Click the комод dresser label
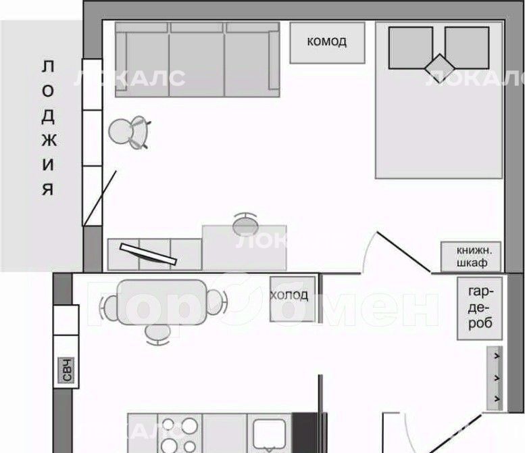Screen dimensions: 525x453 [x=326, y=41]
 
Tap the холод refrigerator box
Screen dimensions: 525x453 [x=293, y=299]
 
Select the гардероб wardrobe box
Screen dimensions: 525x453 [x=480, y=308]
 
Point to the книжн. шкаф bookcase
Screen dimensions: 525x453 [x=471, y=257]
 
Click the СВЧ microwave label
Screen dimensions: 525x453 [x=66, y=370]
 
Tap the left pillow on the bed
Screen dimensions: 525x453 [x=411, y=48]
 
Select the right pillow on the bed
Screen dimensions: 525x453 [x=467, y=48]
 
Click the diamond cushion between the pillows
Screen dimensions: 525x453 [x=440, y=68]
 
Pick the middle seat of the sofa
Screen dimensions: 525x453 [x=197, y=60]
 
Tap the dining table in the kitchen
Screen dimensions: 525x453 [x=162, y=302]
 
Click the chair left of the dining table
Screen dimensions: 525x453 [x=109, y=307]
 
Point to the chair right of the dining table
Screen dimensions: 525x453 [x=216, y=302]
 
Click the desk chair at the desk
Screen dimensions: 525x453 [x=245, y=224]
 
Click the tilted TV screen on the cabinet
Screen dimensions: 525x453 [x=148, y=254]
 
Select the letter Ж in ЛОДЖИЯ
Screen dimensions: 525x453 [x=49, y=141]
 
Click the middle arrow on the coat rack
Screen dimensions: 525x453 [x=497, y=378]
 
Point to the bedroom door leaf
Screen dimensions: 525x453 [x=404, y=252]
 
